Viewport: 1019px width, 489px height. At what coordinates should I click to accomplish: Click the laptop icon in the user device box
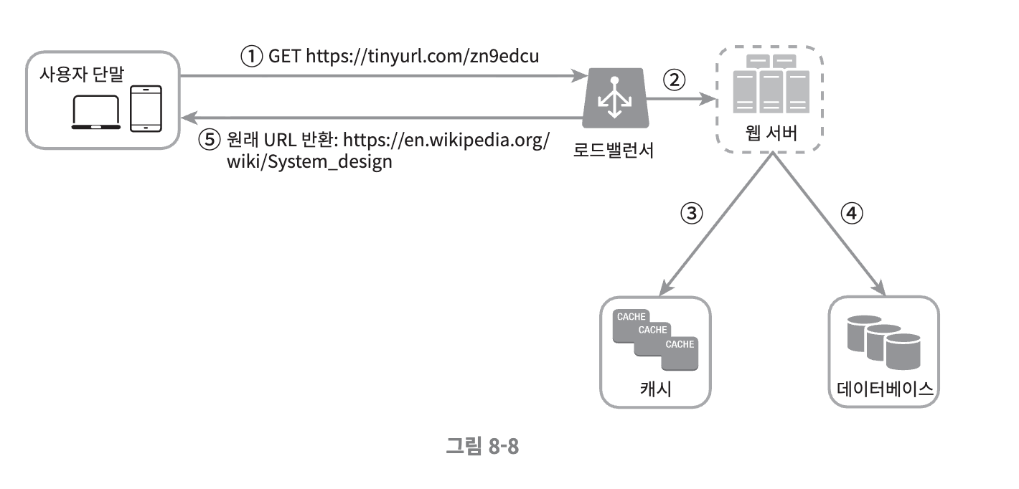point(97,113)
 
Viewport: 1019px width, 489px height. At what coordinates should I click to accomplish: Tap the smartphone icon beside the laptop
point(146,108)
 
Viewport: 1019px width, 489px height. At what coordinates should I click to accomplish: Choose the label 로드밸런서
point(614,151)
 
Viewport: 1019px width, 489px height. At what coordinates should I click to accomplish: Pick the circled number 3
point(690,213)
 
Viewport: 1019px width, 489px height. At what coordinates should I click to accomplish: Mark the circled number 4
point(851,213)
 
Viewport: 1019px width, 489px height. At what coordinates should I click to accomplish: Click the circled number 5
point(207,140)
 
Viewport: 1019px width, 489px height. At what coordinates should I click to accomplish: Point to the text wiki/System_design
point(309,161)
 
